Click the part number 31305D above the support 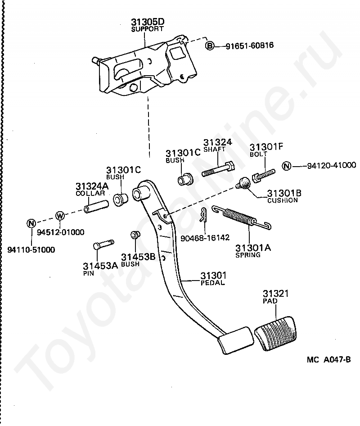tap(148, 22)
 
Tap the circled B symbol tap(209, 46)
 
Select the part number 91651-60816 tap(250, 45)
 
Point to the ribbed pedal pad tap(275, 333)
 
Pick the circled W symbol tap(60, 216)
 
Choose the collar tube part tap(96, 207)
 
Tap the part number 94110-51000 tap(31, 249)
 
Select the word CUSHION tap(282, 200)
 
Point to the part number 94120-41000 tap(332, 165)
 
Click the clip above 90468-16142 tap(203, 214)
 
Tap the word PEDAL tap(212, 282)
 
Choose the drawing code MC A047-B tap(329, 360)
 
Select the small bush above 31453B tap(135, 235)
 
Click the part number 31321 tap(275, 294)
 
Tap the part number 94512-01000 tap(61, 232)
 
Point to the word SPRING tap(248, 255)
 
